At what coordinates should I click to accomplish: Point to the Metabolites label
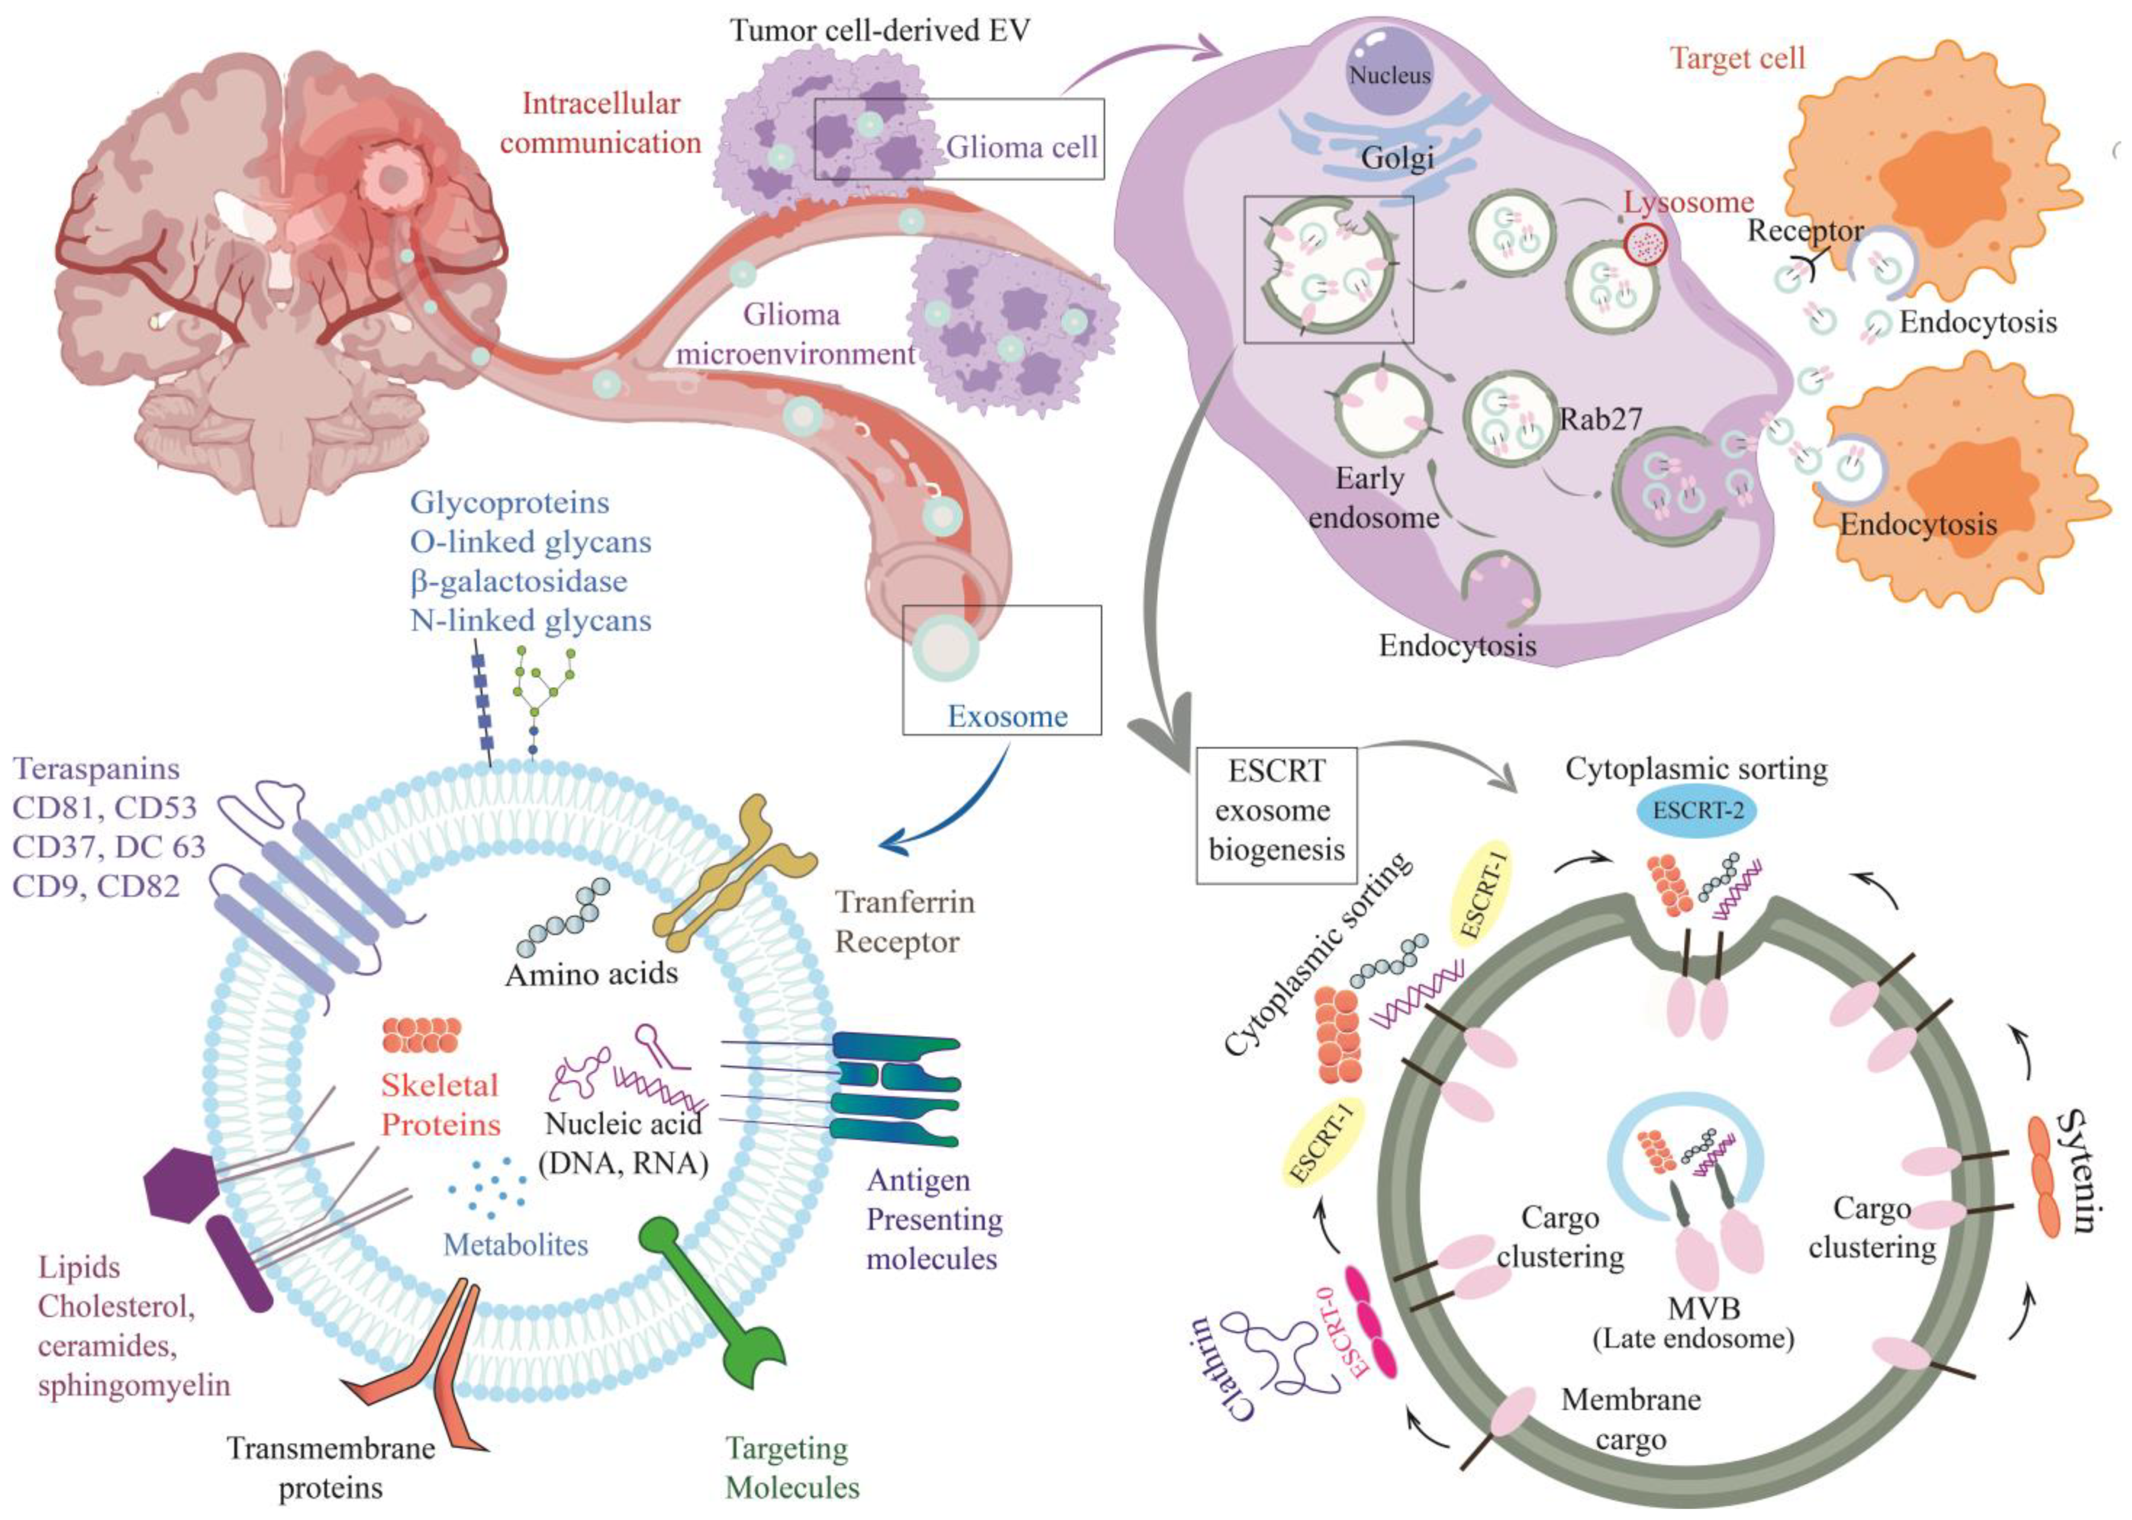pos(516,1244)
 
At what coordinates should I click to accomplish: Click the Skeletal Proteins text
pos(440,1105)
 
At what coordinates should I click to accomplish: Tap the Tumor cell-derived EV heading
pos(880,31)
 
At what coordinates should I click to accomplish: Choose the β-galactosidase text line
pos(518,581)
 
